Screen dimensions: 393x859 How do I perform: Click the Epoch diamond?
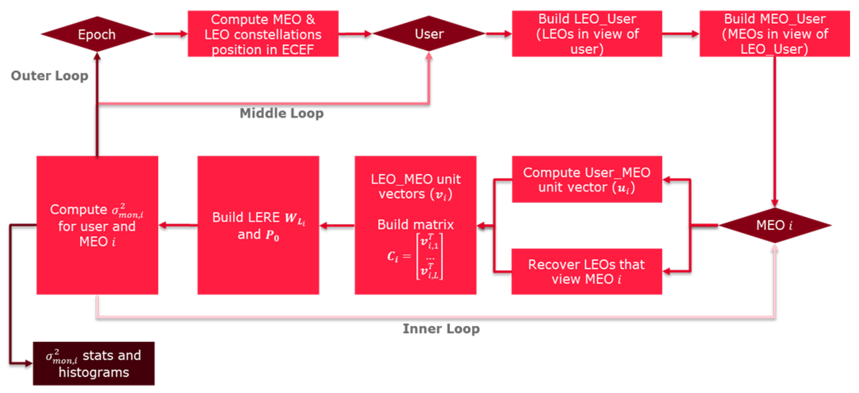(97, 34)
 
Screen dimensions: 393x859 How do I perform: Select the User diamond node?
(429, 34)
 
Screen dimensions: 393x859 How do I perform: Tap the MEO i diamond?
(774, 225)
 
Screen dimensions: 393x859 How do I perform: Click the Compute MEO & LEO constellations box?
(263, 34)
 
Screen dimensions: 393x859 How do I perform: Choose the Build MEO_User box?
(774, 34)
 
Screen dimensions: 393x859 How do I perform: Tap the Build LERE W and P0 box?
(258, 225)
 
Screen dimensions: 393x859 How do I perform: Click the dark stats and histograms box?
(94, 363)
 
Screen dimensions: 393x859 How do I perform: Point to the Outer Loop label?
(49, 76)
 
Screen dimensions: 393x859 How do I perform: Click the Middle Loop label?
(282, 113)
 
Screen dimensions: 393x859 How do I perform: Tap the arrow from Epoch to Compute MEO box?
(170, 34)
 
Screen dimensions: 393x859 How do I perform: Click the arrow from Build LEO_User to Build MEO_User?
(680, 34)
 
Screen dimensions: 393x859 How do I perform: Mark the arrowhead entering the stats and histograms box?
(29, 363)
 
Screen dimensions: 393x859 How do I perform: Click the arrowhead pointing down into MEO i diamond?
(774, 203)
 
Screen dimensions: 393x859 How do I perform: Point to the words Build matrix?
(415, 225)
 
